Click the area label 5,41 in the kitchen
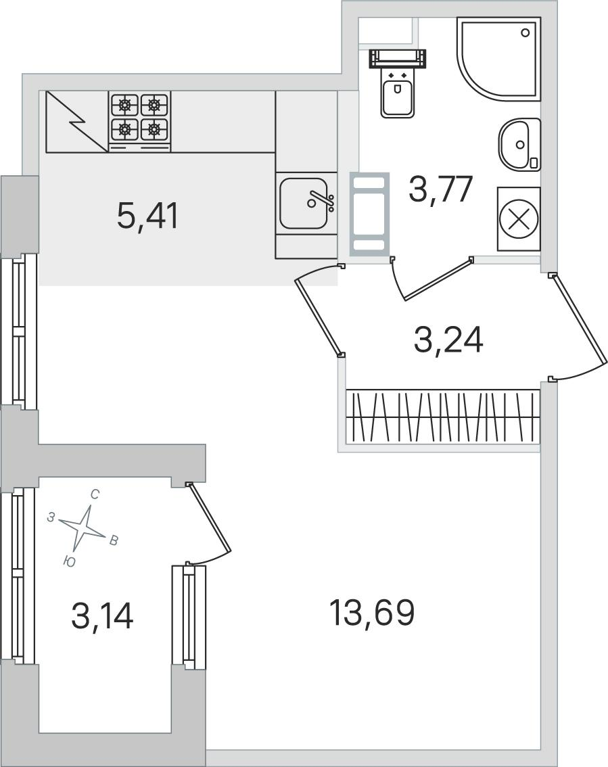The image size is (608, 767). coord(148,216)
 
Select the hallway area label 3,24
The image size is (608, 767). coord(448,340)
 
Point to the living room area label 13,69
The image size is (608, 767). coord(372,612)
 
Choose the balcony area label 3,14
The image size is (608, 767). coord(102,615)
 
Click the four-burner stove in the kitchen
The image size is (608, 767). coord(139,121)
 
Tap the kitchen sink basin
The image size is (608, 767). coord(304,202)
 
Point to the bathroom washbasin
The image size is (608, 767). coord(519,145)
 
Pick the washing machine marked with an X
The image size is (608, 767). coord(519,218)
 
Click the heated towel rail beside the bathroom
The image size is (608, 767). coord(369,214)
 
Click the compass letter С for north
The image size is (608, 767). coord(95,494)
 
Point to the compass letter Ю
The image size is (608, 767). coord(70,562)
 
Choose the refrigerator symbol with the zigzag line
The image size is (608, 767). coord(77,121)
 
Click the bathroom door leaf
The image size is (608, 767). coord(438,279)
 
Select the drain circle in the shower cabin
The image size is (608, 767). coord(525,32)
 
